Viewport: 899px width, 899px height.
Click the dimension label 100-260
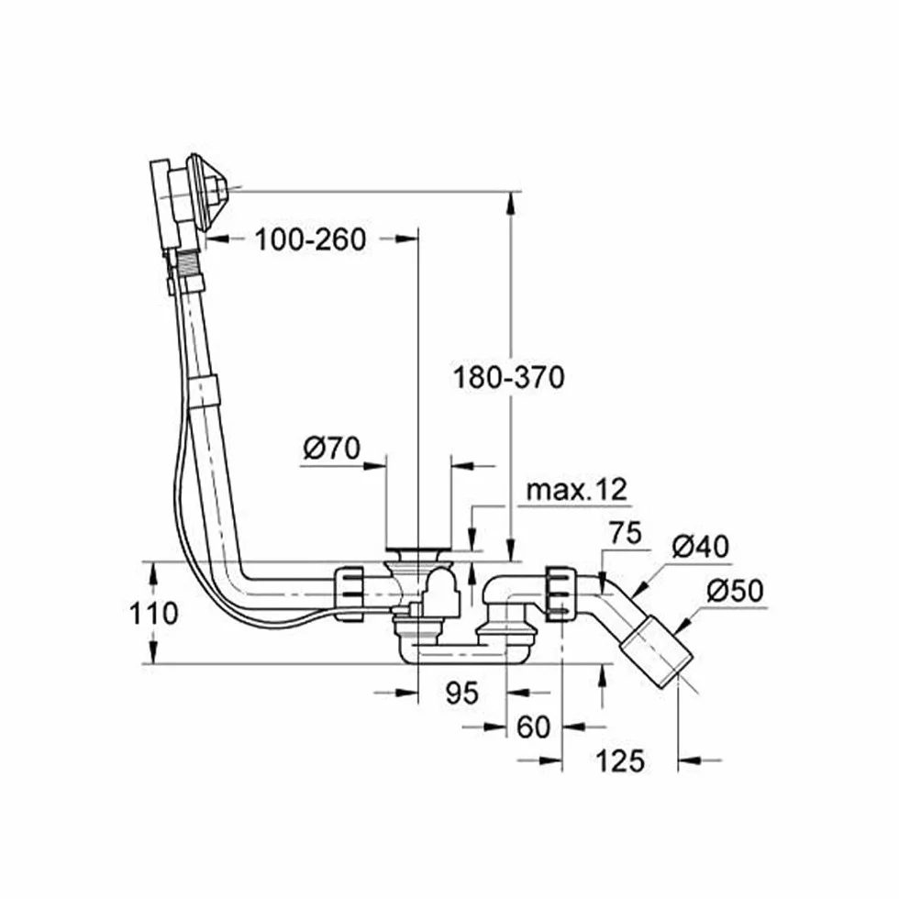pyautogui.click(x=310, y=239)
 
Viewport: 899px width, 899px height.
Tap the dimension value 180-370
pyautogui.click(x=509, y=378)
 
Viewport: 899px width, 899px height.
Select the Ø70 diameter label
pyautogui.click(x=332, y=448)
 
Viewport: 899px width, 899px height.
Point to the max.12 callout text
pyautogui.click(x=577, y=490)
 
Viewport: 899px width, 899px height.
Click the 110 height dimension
pyautogui.click(x=154, y=614)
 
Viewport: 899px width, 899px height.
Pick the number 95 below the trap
pyautogui.click(x=461, y=694)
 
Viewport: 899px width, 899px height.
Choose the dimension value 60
pyautogui.click(x=533, y=727)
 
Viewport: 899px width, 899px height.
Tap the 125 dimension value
pyautogui.click(x=620, y=761)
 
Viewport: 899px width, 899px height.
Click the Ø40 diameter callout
pyautogui.click(x=701, y=547)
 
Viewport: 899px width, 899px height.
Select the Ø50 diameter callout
pyautogui.click(x=735, y=591)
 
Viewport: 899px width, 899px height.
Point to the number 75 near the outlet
pyautogui.click(x=625, y=533)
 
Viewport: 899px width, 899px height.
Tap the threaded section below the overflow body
pyautogui.click(x=187, y=265)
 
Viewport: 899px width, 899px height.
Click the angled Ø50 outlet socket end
pyautogui.click(x=657, y=650)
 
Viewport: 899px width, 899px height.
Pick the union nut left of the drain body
pyautogui.click(x=350, y=594)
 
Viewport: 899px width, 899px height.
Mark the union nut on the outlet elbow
pyautogui.click(x=560, y=594)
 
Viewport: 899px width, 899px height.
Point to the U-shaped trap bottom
pyautogui.click(x=453, y=652)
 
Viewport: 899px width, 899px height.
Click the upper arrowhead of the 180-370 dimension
pyautogui.click(x=510, y=202)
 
